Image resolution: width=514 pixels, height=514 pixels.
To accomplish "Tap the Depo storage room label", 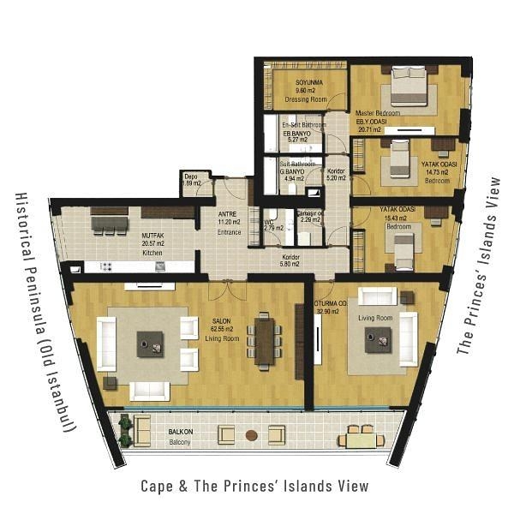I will pos(191,179).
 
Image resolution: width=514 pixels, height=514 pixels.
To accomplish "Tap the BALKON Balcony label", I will pos(180,437).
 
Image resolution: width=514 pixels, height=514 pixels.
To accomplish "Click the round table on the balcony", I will pos(251,435).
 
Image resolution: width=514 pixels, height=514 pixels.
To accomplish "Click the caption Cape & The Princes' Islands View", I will pos(254,486).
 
